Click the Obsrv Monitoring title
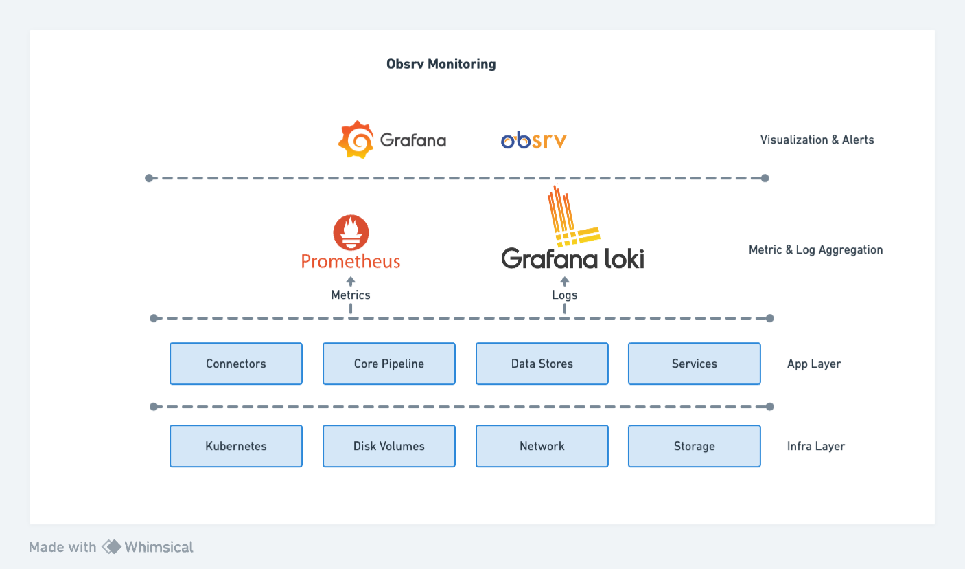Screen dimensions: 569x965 [441, 64]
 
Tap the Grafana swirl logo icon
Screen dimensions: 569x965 [356, 140]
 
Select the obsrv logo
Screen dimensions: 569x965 [533, 140]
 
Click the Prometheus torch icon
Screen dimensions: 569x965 [351, 232]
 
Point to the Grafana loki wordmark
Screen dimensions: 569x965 [572, 258]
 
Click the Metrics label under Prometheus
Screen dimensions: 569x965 [351, 295]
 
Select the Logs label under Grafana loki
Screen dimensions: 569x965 [565, 295]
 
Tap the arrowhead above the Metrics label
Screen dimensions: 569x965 [351, 280]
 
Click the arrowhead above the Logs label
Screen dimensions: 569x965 [565, 280]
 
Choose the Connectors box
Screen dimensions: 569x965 [236, 364]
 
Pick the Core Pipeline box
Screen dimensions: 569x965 [389, 364]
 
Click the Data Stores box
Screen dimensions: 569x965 [542, 364]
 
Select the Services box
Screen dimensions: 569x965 [695, 364]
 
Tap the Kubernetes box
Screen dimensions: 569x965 [236, 446]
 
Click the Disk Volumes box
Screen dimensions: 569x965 [389, 446]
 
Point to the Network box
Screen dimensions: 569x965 [542, 446]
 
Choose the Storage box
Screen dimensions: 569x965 [695, 446]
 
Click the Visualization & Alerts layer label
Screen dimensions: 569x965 [817, 140]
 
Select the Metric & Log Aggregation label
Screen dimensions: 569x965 [815, 249]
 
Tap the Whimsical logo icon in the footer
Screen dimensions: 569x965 [111, 547]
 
